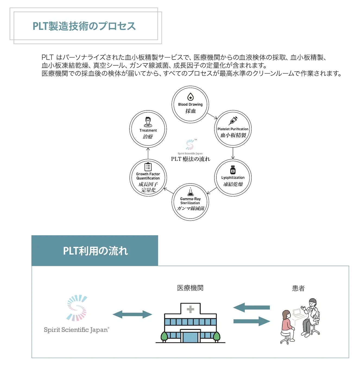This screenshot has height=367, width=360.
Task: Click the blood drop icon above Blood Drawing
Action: click(190, 97)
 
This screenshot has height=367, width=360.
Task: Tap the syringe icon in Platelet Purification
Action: click(233, 121)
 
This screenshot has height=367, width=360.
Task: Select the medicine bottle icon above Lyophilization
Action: click(233, 170)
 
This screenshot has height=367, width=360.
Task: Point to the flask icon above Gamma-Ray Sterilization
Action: click(190, 192)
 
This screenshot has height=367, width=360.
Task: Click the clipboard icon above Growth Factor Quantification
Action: click(148, 167)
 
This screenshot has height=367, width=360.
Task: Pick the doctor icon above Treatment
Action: click(148, 122)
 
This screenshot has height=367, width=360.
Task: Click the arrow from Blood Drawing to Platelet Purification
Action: click(212, 116)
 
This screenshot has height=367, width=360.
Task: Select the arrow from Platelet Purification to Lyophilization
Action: click(233, 153)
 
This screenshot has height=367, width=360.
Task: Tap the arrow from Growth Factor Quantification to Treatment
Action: click(148, 153)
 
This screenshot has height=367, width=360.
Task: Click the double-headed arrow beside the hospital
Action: click(132, 315)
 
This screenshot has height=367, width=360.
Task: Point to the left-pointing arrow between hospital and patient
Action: click(251, 307)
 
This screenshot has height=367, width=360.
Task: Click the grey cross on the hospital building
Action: click(190, 309)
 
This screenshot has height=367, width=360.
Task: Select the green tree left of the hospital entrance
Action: click(164, 337)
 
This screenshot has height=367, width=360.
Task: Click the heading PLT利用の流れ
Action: click(95, 251)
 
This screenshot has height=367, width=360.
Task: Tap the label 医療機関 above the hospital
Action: click(190, 288)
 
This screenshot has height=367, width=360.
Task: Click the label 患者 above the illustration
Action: click(298, 288)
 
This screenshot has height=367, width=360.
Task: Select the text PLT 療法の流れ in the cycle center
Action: click(190, 159)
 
